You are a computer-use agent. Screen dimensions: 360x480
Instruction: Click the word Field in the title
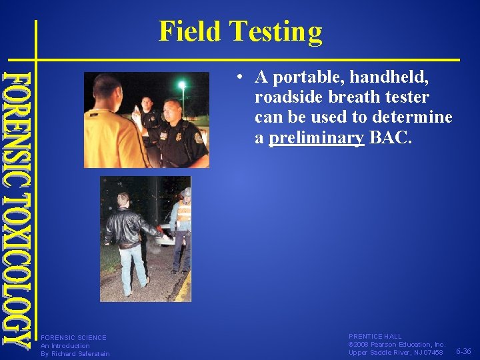(189, 31)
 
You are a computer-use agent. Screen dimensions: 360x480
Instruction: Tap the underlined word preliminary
(316, 138)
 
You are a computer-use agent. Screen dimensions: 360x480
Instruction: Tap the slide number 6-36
(464, 351)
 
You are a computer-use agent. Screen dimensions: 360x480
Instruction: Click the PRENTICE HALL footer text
(375, 337)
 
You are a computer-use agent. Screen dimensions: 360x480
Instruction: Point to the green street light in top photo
(181, 85)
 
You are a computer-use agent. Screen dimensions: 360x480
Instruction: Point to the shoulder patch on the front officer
(198, 138)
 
